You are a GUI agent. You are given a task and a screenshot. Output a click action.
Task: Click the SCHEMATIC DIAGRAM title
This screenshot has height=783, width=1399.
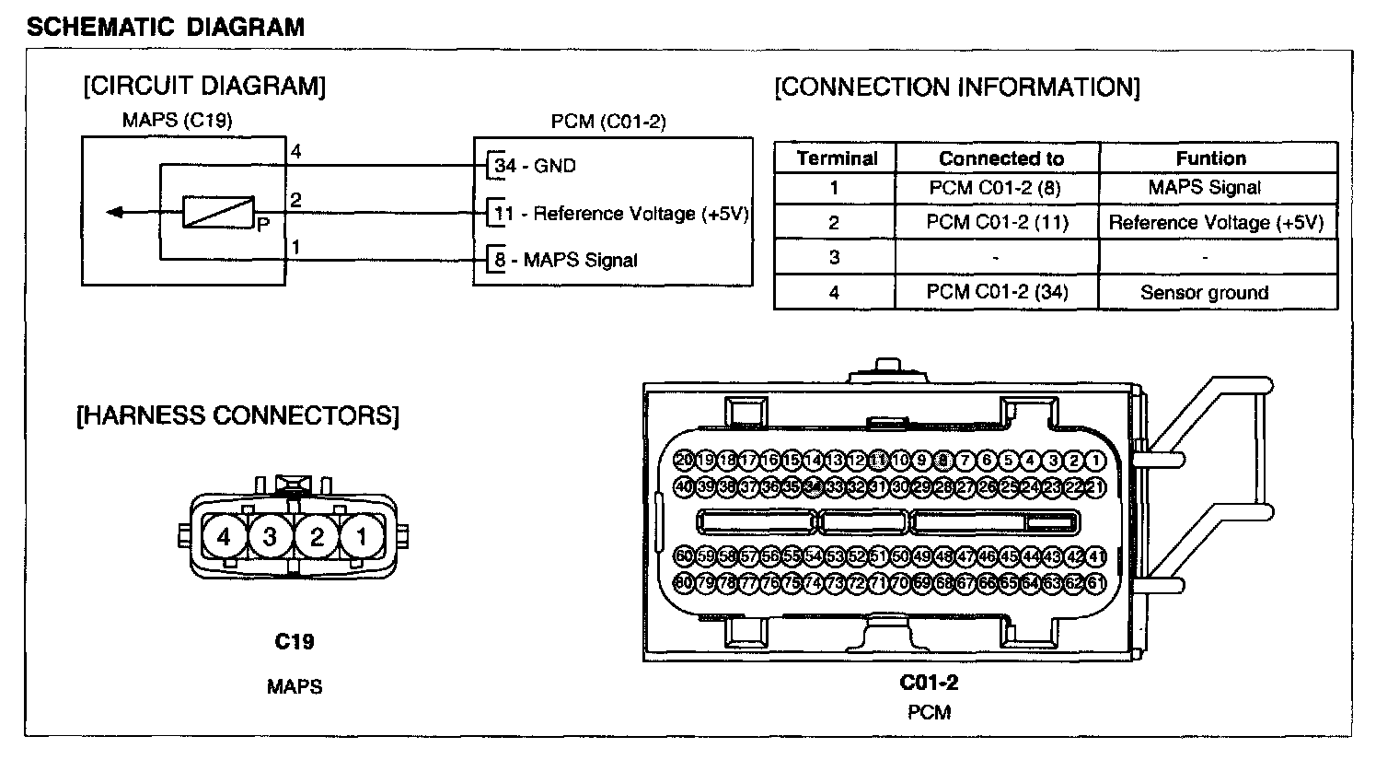click(x=166, y=27)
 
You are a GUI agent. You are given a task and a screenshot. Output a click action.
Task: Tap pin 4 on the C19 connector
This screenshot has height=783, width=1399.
click(x=225, y=536)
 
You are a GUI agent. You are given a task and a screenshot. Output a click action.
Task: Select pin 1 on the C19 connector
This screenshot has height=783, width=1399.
click(x=362, y=536)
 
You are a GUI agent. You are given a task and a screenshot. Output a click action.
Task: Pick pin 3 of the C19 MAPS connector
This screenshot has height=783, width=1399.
click(x=271, y=536)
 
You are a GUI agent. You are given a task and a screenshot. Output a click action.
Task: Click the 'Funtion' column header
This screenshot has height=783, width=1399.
click(x=1210, y=158)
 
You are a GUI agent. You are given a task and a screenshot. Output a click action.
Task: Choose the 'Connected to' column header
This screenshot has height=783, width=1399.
click(x=1000, y=158)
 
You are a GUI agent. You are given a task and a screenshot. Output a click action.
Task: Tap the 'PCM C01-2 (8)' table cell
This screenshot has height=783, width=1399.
click(x=995, y=188)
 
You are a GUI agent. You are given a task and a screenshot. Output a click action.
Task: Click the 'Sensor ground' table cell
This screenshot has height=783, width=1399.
click(x=1204, y=293)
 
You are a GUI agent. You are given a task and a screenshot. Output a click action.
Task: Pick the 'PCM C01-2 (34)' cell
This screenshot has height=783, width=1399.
click(x=997, y=293)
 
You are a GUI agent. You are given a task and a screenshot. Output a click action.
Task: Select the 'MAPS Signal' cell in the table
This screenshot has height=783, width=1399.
click(x=1204, y=188)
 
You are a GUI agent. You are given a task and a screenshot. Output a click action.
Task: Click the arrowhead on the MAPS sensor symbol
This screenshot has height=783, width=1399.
click(x=115, y=213)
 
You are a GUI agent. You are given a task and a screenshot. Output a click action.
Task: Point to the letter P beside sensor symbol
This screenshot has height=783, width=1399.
click(x=262, y=224)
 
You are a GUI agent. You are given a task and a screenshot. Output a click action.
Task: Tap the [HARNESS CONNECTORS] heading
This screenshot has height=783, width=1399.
click(x=237, y=415)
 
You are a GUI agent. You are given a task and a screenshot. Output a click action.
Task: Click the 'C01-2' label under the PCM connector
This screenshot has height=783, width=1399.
click(x=929, y=683)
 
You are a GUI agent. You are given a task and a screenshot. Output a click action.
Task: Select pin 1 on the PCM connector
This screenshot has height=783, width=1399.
click(x=1095, y=461)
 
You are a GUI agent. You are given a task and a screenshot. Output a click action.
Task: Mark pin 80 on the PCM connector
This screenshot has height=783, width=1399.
click(x=684, y=582)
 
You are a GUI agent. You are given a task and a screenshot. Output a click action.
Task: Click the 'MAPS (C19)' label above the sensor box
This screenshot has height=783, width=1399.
click(x=177, y=120)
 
